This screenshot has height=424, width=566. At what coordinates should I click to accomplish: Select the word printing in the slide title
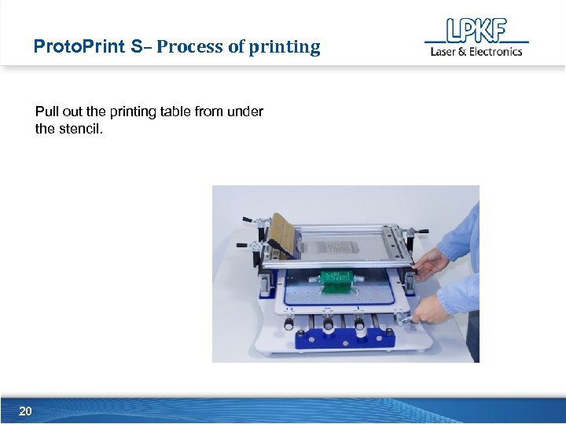click(285, 47)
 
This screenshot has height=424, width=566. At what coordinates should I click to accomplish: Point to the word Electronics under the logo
click(496, 52)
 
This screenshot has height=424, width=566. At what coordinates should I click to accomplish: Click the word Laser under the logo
click(443, 52)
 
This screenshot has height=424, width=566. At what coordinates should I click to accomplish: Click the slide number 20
click(25, 411)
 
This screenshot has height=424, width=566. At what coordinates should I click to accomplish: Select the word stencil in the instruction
click(80, 128)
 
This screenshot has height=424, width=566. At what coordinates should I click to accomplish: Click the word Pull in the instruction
click(46, 111)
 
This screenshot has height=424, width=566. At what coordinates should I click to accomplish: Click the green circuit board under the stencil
click(337, 278)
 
